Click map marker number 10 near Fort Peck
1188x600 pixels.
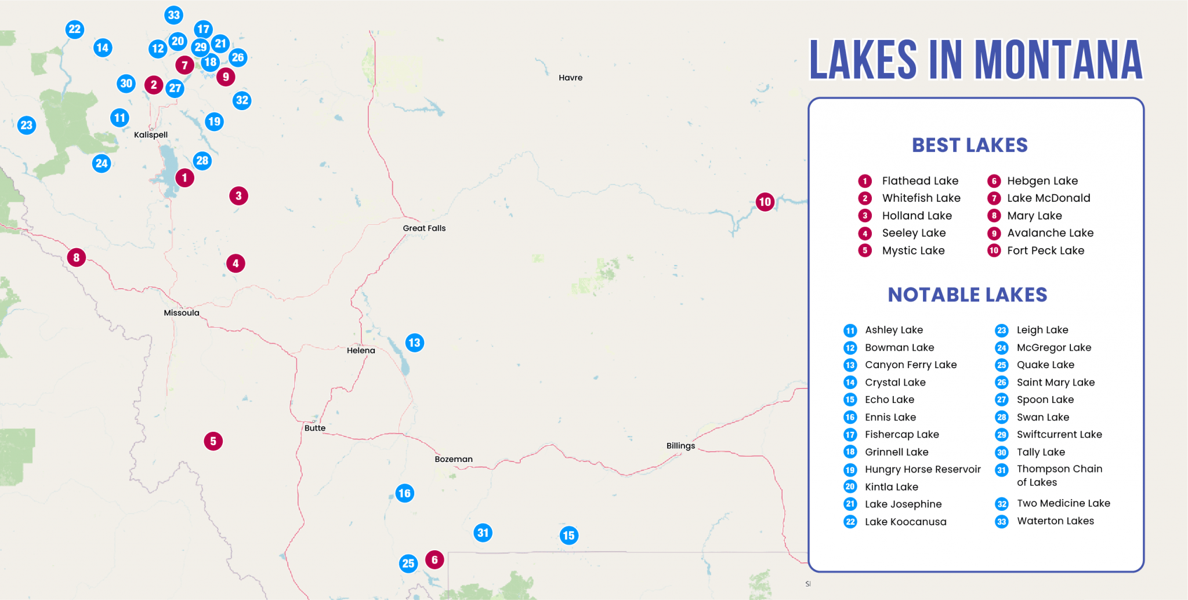[765, 202]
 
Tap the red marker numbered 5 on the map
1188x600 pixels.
[213, 441]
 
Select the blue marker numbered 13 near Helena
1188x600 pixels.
[414, 343]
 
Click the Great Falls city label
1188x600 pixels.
[424, 228]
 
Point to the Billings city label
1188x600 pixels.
[680, 446]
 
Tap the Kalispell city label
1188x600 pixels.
[151, 134]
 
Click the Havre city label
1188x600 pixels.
[570, 78]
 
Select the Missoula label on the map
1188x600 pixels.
[182, 313]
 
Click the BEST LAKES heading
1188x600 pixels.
[969, 145]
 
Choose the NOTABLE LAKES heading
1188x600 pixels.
[967, 295]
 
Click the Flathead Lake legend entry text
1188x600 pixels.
[920, 181]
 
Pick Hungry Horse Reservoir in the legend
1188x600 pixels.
[922, 470]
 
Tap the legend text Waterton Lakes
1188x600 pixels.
[1055, 521]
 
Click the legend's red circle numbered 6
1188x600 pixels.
[994, 181]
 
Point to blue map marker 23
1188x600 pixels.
[26, 125]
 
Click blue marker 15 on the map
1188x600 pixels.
[568, 536]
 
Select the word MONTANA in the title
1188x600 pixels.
[1058, 60]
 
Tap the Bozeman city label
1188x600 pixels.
[454, 459]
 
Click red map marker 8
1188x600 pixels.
[76, 257]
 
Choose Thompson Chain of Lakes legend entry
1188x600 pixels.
[1059, 475]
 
